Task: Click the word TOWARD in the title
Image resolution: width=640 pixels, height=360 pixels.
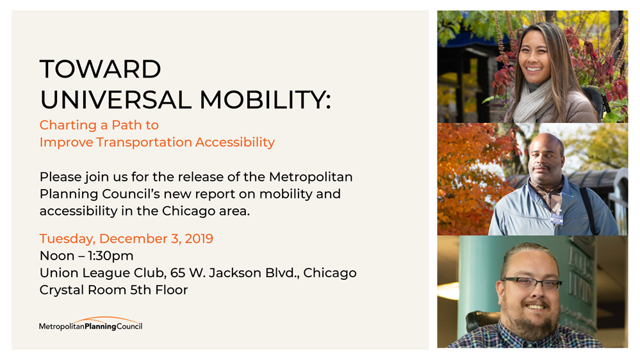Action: pos(101,69)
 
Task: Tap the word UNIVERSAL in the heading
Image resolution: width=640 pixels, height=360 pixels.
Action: pos(116,99)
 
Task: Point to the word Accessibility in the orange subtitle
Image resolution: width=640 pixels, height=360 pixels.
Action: pos(234,142)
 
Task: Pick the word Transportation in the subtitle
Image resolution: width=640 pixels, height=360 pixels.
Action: pos(144,142)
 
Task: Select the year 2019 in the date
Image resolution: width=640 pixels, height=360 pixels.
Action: pos(199,238)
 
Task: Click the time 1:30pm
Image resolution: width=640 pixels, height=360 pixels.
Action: pos(111,256)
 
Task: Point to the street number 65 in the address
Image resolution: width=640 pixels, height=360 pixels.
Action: pos(178,273)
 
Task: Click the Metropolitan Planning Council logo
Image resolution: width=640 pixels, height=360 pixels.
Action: pos(90,323)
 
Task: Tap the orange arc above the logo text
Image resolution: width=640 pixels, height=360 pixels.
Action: pos(107,318)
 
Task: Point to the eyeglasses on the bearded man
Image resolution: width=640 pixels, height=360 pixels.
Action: pos(531,283)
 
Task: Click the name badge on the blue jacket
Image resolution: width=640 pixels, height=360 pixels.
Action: pos(557,219)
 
